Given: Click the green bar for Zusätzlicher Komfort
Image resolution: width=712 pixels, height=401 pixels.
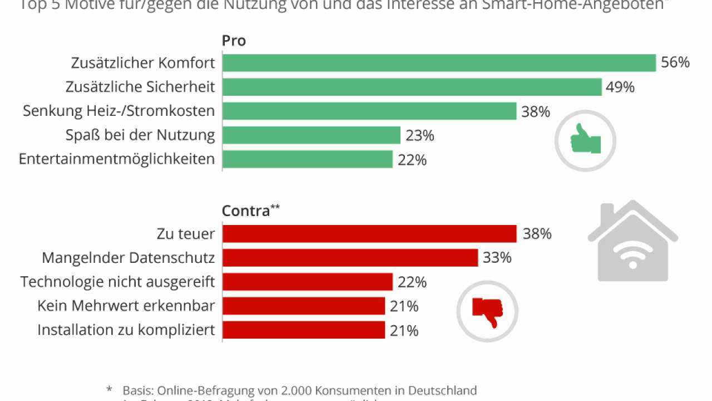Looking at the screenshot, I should point(439,63).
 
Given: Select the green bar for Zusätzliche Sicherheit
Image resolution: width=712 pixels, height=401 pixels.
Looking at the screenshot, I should point(412,87).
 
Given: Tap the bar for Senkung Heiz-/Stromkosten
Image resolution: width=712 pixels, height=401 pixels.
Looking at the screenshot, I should point(369,111).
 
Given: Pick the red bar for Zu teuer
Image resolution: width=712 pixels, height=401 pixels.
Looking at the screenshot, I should point(369,234).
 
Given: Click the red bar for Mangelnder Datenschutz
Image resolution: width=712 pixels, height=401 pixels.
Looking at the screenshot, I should point(350,258).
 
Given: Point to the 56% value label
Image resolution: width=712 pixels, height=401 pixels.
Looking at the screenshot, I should point(675,62).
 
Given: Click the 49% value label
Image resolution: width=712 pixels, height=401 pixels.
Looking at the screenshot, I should point(621,87).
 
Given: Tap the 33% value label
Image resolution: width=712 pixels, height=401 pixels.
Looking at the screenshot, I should point(497,258).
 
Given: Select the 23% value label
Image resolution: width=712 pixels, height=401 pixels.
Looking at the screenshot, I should point(420,135).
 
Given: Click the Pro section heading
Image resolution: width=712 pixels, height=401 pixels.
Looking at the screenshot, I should point(234,41).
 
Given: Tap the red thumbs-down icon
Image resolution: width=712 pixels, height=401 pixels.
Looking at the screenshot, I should point(487,311).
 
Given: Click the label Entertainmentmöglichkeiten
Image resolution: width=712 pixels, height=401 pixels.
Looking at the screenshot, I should point(117,159).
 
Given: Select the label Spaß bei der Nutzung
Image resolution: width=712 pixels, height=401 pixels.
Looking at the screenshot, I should point(140,135).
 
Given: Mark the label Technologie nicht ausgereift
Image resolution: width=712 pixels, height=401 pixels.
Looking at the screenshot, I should point(118,282).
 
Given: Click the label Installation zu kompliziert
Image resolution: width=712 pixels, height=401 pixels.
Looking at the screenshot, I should point(126,330).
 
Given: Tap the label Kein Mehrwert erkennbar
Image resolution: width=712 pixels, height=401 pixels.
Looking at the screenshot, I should point(126,306).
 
